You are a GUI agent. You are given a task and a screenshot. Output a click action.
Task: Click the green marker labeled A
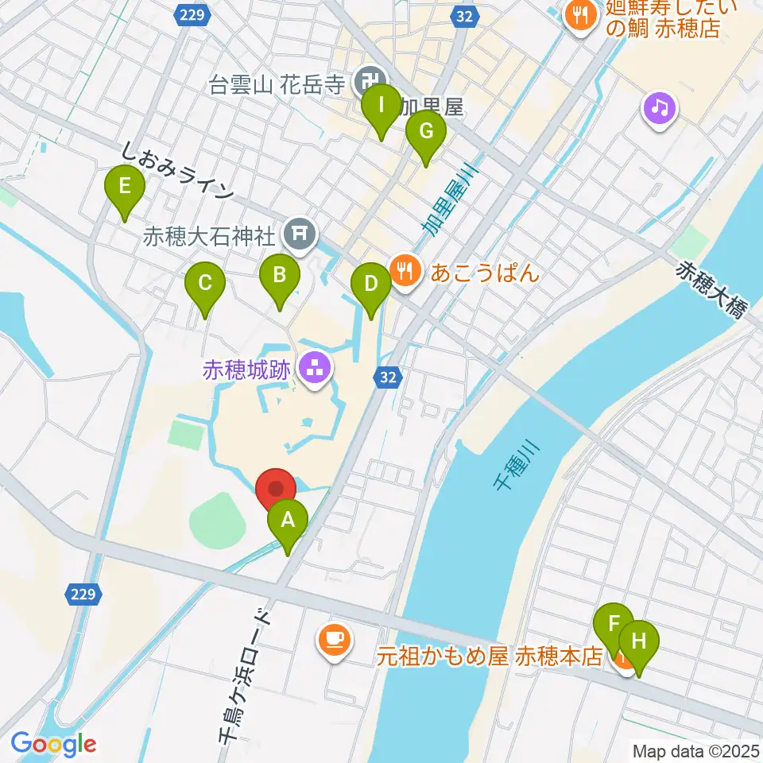pyautogui.click(x=288, y=522)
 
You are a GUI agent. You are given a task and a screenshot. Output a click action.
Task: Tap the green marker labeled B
pyautogui.click(x=280, y=277)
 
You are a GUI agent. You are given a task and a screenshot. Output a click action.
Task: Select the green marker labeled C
pyautogui.click(x=205, y=284)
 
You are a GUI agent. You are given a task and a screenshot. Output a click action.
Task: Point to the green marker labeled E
pyautogui.click(x=124, y=188)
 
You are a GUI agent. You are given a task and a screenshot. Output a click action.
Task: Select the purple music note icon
pyautogui.click(x=660, y=107)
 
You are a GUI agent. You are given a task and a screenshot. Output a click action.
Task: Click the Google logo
pyautogui.click(x=54, y=744)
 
